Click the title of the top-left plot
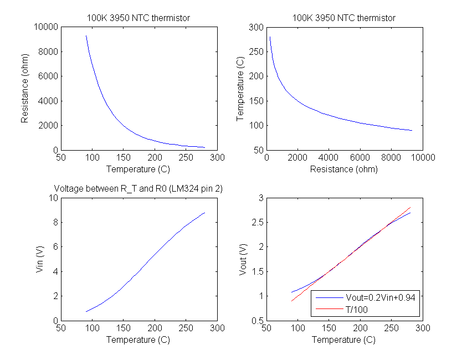coord(138,18)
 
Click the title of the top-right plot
coord(344,18)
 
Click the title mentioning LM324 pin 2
coord(138,189)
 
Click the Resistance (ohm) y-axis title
coord(25,89)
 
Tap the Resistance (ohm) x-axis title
coord(344,169)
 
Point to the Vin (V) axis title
coord(39,259)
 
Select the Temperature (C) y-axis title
coord(240,89)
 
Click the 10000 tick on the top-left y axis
coord(47,27)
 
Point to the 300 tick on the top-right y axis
coord(256,27)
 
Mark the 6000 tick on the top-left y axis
coord(49,76)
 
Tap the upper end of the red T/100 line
coord(410,207)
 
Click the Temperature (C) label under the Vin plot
coord(138,340)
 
